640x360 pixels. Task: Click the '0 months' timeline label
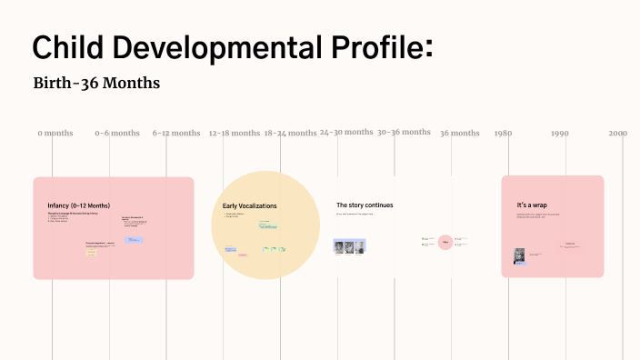pos(55,133)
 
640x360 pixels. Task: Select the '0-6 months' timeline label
pos(117,133)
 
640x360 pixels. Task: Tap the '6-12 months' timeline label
pos(176,133)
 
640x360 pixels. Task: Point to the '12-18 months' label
pos(234,133)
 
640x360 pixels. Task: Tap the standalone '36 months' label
pos(460,133)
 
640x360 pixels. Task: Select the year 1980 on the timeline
pos(503,133)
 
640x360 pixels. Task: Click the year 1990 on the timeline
pos(560,133)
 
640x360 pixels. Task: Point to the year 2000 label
pos(618,133)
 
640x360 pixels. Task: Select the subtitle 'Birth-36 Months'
pos(96,84)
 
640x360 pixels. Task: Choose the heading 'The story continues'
pos(365,205)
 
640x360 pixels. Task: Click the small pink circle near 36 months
pos(445,242)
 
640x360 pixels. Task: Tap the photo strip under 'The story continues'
pos(350,246)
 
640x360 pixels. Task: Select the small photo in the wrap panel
pos(520,256)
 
